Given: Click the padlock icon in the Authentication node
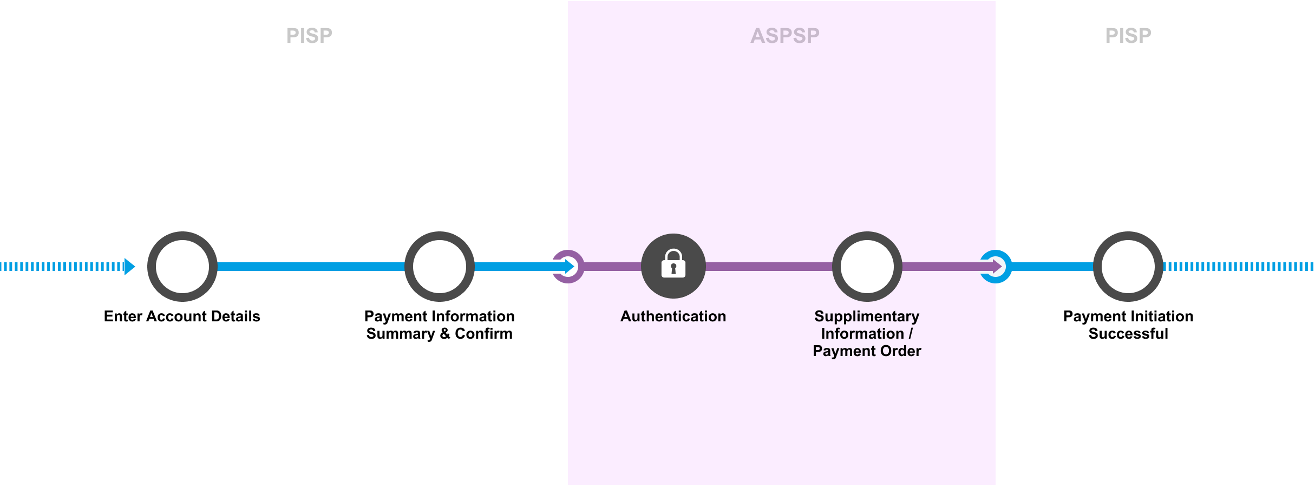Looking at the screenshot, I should (x=673, y=264).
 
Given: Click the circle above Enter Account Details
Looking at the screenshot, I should (x=182, y=267).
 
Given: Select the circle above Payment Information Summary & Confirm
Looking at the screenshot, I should (x=440, y=267).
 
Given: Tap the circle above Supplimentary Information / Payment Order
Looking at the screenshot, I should (x=867, y=267).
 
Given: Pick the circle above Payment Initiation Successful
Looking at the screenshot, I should (x=1128, y=267).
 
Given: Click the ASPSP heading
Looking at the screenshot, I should (x=784, y=36).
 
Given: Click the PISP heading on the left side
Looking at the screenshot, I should (x=309, y=36).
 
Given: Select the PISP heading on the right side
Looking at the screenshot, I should (x=1128, y=36).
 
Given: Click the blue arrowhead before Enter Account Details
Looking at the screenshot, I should (x=129, y=267).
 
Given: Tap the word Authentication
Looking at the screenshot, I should (x=673, y=316).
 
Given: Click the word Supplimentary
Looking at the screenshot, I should (x=867, y=316).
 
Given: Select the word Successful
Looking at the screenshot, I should (x=1128, y=334).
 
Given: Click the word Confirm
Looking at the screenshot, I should (x=483, y=334).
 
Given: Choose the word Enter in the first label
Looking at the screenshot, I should (x=122, y=316).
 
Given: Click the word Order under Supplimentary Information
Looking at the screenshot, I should (x=900, y=351).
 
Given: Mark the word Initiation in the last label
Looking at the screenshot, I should (x=1164, y=316).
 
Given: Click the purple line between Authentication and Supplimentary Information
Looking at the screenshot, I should (x=769, y=267).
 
